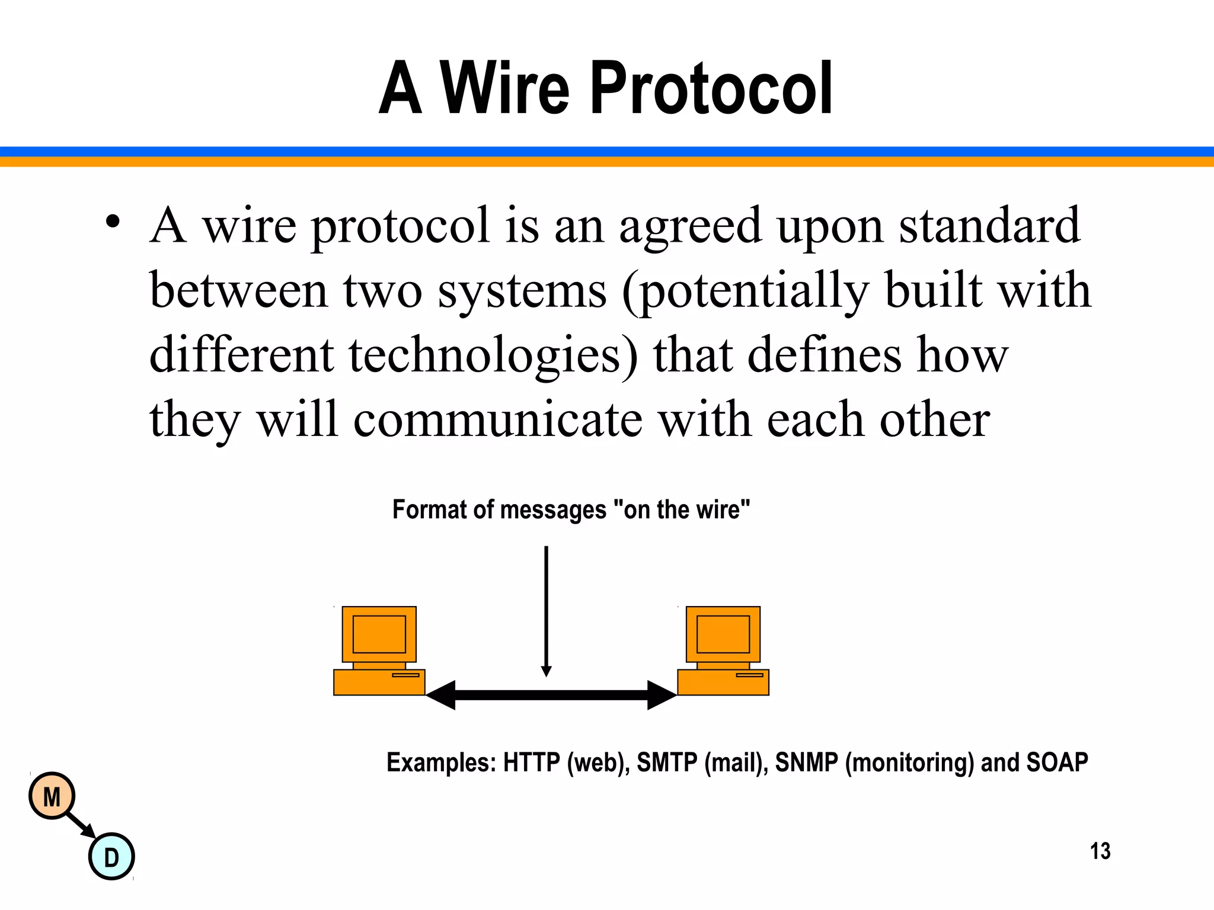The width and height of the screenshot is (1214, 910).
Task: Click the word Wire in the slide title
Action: tap(504, 89)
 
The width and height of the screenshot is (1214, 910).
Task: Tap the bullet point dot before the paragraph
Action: tap(113, 223)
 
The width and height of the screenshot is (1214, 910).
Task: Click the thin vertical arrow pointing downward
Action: tap(546, 610)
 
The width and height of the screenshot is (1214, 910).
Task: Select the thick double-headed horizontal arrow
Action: tap(551, 694)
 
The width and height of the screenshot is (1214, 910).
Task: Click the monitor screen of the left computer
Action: tap(379, 634)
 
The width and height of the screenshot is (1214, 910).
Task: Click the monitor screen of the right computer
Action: tap(723, 634)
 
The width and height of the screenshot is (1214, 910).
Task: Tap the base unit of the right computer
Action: tap(723, 682)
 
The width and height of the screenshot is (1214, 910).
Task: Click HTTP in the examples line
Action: tap(531, 762)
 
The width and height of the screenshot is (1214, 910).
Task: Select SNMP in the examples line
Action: tap(806, 762)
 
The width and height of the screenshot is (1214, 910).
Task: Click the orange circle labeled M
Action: tap(52, 796)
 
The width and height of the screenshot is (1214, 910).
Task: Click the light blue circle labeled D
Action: tap(111, 857)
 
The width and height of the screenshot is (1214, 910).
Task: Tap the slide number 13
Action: tap(1100, 851)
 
